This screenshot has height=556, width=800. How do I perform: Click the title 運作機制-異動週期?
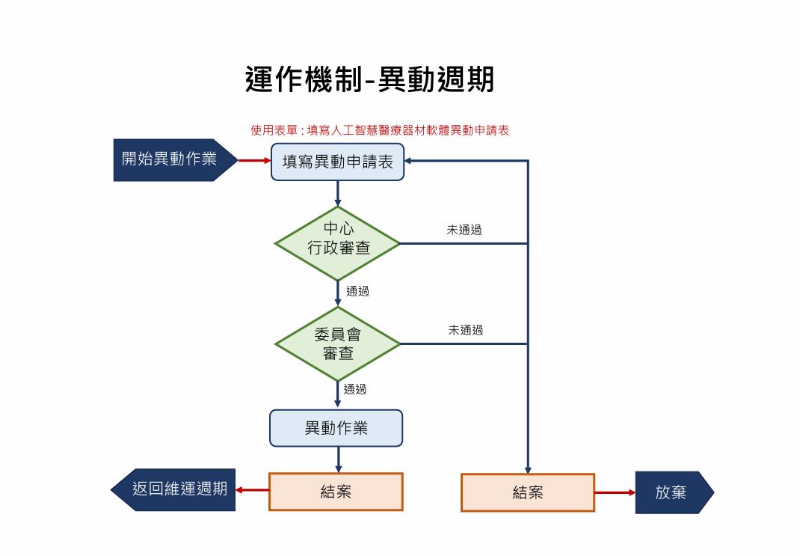pos(369,79)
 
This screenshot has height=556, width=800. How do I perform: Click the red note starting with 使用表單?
pos(380,130)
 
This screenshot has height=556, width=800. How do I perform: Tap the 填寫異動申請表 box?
pos(337,162)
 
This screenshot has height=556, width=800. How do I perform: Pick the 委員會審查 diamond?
pos(338,344)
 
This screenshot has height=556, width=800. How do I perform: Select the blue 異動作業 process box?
pos(336,429)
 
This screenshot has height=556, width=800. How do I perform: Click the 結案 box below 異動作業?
pos(336,492)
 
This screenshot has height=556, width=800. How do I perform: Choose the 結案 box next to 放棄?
pos(527,492)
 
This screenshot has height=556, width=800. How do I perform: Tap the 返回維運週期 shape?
pos(175,490)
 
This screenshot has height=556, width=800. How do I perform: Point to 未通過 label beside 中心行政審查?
pos(464,230)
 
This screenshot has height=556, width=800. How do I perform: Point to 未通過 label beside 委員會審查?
pos(466,330)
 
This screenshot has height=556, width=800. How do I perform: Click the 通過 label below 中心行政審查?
pos(357,291)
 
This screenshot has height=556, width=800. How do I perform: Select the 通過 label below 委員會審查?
pos(355,389)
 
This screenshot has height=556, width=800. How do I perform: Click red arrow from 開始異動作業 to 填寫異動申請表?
pos(254,160)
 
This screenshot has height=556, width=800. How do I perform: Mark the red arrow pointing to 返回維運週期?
pos(252,491)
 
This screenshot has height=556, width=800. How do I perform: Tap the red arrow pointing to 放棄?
pos(615,492)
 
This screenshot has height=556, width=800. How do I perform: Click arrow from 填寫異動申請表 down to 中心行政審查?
pos(338,194)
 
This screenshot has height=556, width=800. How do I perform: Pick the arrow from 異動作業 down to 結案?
pos(338,459)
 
